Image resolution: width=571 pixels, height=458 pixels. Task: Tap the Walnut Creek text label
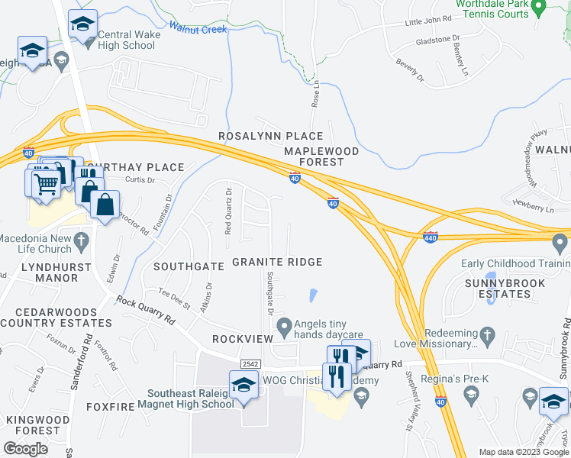198,29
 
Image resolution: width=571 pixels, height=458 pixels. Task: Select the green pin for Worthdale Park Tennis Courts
538,9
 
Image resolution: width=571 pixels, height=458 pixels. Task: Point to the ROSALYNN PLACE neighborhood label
271,136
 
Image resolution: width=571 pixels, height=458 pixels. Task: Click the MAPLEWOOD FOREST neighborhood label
321,156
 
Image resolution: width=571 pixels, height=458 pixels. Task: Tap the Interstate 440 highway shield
430,237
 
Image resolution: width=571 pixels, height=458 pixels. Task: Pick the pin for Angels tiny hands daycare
284,328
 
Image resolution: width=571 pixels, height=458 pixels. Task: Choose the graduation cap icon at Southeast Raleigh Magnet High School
243,385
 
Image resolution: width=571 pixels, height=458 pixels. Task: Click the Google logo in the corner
25,448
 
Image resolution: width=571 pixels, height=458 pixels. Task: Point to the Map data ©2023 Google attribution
523,452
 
